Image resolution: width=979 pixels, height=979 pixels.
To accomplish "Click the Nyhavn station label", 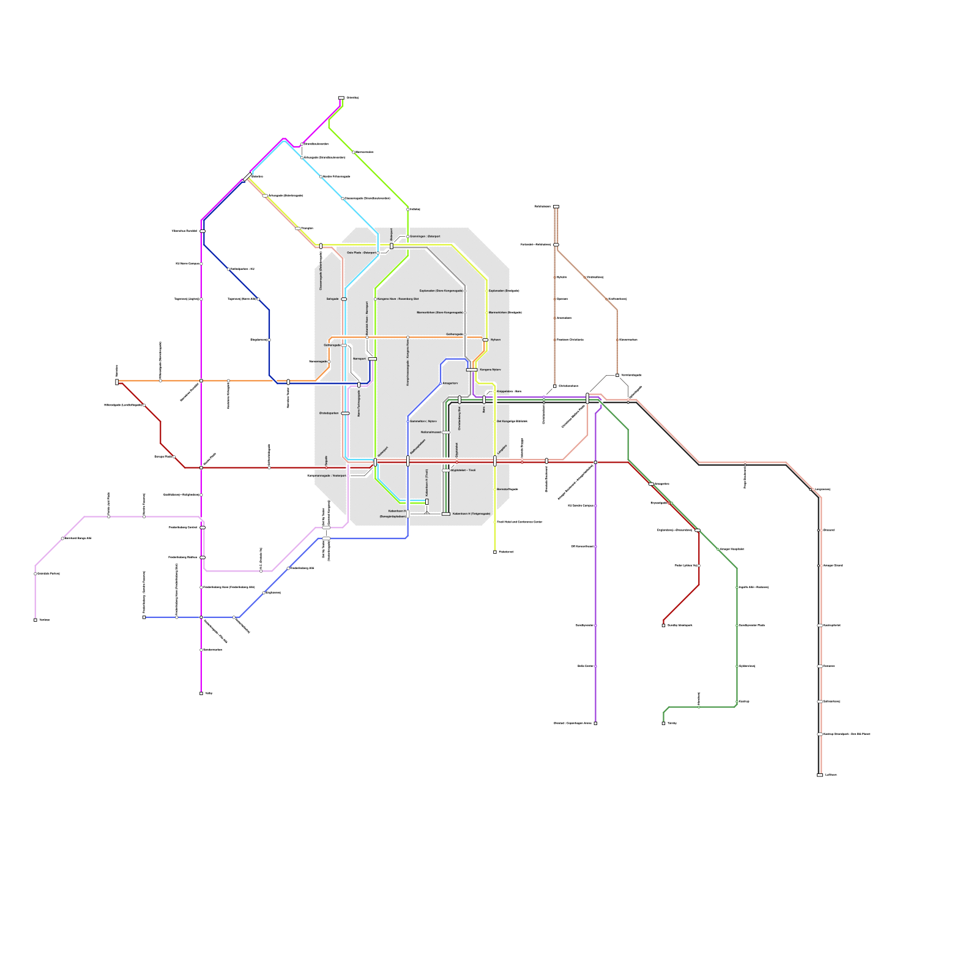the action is click(496, 340).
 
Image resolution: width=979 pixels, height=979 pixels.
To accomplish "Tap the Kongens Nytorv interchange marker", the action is click(472, 370).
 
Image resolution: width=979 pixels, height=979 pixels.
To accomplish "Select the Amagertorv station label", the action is click(450, 383).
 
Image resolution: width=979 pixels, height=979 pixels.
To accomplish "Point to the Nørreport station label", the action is click(359, 359).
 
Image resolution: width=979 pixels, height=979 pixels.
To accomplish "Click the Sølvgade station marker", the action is click(344, 299).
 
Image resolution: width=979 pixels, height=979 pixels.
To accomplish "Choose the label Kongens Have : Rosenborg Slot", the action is click(398, 299).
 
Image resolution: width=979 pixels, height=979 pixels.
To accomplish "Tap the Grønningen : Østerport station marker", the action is click(408, 236).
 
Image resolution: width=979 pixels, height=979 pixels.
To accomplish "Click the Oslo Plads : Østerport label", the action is click(361, 252).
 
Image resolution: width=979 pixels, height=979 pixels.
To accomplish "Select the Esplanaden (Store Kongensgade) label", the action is click(441, 291).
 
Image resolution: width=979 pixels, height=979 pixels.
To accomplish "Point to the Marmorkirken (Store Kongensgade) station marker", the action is click(465, 313).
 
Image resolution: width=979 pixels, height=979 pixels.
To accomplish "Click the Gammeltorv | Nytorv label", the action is click(423, 421).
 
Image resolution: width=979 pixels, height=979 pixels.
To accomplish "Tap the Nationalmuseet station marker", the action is click(446, 432).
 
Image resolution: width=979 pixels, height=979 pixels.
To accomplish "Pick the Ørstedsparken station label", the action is click(329, 413).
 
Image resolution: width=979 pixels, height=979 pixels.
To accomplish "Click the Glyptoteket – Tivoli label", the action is click(463, 470).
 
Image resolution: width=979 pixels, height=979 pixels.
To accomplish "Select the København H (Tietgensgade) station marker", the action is click(445, 514).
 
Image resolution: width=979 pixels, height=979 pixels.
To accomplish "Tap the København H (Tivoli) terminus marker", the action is click(427, 502).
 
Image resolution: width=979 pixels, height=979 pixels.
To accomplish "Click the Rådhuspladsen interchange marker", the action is click(408, 461).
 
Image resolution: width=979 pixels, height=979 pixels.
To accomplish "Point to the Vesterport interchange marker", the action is click(375, 462).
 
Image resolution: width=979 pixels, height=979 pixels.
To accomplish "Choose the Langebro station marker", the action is click(495, 461).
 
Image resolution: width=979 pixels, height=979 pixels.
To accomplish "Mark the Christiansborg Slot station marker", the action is click(460, 400).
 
